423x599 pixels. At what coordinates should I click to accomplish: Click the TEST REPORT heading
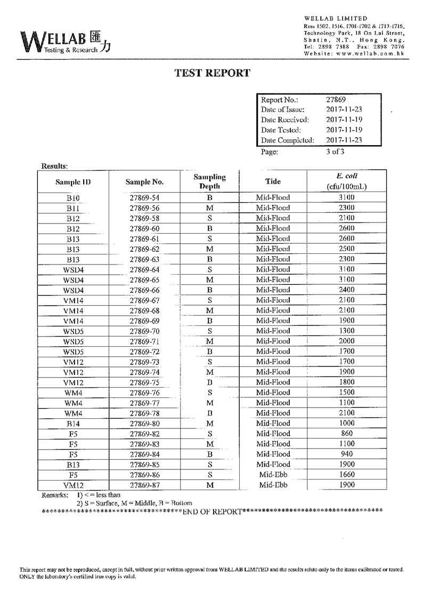pos(212,73)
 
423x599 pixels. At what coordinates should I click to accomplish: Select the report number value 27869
pos(336,99)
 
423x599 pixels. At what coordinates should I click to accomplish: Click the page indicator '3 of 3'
pos(335,151)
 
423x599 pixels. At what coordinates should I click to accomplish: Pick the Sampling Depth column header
pos(209,181)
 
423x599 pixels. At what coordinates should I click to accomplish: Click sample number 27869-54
pos(144,198)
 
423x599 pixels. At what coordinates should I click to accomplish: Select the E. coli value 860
pos(346,434)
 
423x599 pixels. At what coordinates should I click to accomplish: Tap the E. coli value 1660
pos(346,475)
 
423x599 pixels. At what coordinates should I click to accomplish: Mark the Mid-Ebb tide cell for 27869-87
pos(273,485)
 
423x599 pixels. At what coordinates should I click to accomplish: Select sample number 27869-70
pos(144,331)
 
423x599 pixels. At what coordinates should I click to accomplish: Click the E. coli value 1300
pos(346,331)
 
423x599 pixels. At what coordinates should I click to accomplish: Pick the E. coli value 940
pos(346,454)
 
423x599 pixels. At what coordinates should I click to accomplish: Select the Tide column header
pos(273,181)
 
